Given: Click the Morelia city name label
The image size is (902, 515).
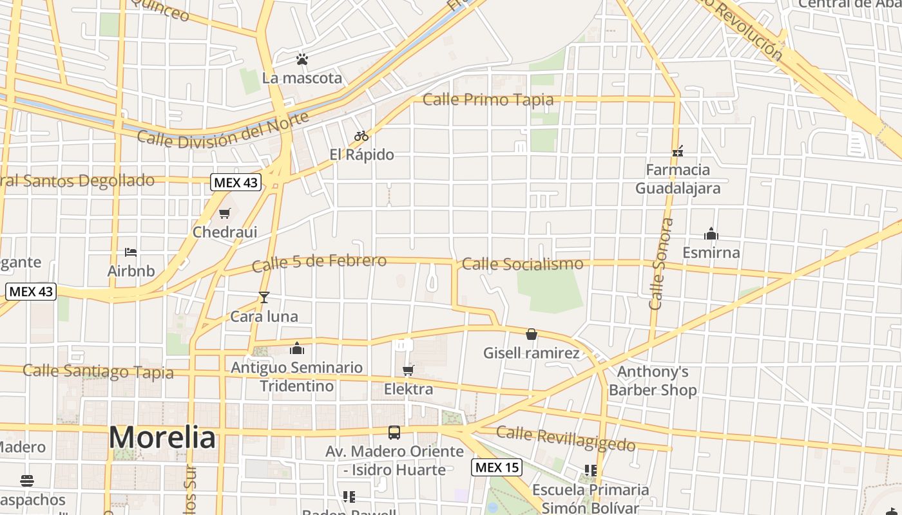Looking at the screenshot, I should click(162, 438).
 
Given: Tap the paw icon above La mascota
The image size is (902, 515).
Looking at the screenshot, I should click(302, 59).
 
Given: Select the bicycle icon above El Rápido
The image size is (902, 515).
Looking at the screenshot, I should click(361, 136).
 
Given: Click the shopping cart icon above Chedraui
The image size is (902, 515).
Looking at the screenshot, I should click(225, 213).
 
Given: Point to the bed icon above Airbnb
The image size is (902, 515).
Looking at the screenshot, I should click(131, 252).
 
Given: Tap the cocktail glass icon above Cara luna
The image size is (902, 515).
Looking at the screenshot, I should click(264, 297).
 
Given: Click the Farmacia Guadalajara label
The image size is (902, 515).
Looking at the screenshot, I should click(678, 179).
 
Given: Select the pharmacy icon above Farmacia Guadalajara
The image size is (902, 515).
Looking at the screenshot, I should click(677, 151).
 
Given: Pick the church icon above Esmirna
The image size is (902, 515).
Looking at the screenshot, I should click(711, 233).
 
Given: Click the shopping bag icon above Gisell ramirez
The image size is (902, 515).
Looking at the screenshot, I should click(532, 334).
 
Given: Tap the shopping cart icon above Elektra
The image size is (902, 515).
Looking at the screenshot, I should click(408, 370).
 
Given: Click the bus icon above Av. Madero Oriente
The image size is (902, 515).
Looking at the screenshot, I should click(394, 433).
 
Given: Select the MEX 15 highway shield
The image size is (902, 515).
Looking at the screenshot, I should click(496, 467).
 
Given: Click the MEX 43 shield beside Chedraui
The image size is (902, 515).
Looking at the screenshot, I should click(236, 182).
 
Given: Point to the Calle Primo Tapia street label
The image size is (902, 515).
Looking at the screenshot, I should click(488, 100).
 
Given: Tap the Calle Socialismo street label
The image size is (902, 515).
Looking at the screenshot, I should click(523, 263).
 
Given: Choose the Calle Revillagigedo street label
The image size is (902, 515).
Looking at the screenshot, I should click(566, 438).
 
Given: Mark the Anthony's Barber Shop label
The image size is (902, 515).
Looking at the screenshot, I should click(653, 380).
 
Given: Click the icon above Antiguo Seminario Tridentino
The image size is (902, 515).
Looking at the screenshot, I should click(297, 348).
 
